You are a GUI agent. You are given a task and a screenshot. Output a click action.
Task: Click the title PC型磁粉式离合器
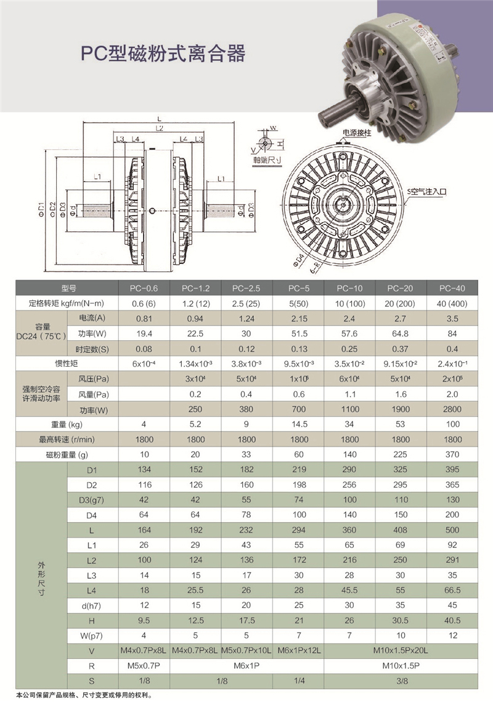pos(163,54)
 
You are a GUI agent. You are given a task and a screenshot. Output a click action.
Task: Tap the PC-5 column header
pos(299,288)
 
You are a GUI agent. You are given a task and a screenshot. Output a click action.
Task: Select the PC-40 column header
pos(452,288)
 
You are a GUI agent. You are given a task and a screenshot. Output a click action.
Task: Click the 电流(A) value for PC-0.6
pos(144,319)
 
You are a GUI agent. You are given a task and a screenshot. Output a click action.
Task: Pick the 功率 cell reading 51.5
pos(299,334)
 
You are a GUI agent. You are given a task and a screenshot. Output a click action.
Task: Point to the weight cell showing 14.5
pos(299,424)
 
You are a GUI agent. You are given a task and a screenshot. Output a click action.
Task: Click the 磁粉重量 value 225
pos(401,454)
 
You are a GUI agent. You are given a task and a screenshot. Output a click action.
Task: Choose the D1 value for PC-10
pos(349,469)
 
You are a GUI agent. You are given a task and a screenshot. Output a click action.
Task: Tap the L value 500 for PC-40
pos(452,530)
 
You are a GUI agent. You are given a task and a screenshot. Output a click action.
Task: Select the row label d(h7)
pos(92,605)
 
